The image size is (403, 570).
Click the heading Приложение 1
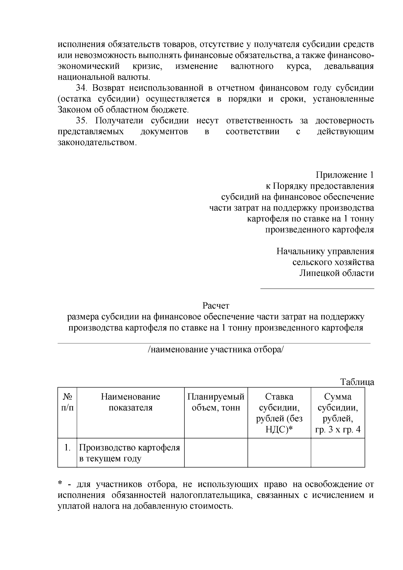coord(345,175)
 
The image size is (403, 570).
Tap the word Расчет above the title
coord(216,306)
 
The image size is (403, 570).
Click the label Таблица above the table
coord(357,382)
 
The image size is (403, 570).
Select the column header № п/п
coord(68,402)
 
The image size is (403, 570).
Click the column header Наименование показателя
coord(131,402)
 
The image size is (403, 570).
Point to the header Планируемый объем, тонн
coord(216,402)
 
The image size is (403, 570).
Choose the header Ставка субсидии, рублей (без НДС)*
coord(279,413)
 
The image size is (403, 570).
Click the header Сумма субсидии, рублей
coord(338,413)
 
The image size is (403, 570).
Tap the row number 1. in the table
coord(68,448)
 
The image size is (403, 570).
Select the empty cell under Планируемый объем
coord(216,453)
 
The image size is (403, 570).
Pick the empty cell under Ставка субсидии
coord(279,453)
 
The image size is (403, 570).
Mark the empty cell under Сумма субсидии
coord(338,453)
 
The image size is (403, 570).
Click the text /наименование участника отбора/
coord(216,350)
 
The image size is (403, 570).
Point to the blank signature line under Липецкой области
coord(317,288)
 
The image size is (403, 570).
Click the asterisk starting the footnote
coord(60,484)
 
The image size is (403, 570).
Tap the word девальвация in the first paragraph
coord(349,67)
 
